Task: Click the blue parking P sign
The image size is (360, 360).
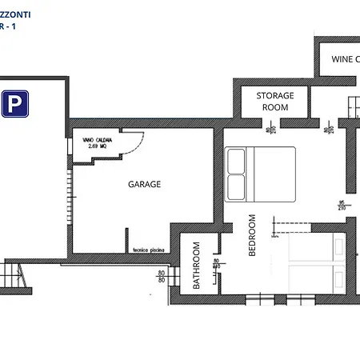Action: pos(13,104)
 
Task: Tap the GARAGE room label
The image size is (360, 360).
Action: pos(145,184)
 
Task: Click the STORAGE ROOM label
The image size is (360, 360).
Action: pos(274,101)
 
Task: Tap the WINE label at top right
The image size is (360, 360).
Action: pos(346,59)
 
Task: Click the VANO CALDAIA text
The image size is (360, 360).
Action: pos(98,140)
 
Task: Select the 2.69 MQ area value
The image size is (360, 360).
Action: pos(97,148)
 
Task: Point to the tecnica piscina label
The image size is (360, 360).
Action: pos(148,250)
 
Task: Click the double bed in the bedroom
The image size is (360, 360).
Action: pos(260,174)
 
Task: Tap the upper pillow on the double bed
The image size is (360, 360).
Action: pos(237,162)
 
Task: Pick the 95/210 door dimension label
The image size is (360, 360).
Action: pos(342,205)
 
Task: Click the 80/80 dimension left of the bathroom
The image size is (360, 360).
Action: pos(161,276)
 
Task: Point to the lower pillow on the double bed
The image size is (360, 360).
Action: pos(237,188)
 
